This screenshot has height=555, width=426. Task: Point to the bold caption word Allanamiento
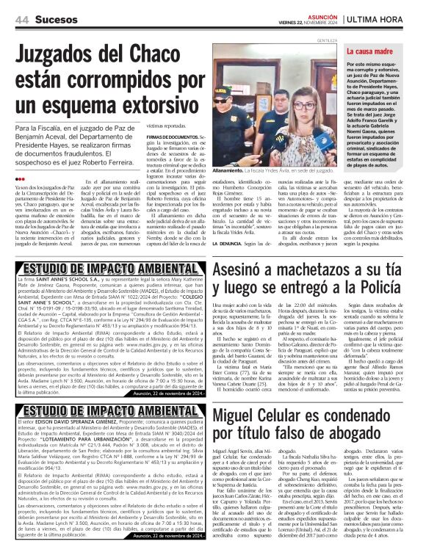pyautogui.click(x=234, y=170)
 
